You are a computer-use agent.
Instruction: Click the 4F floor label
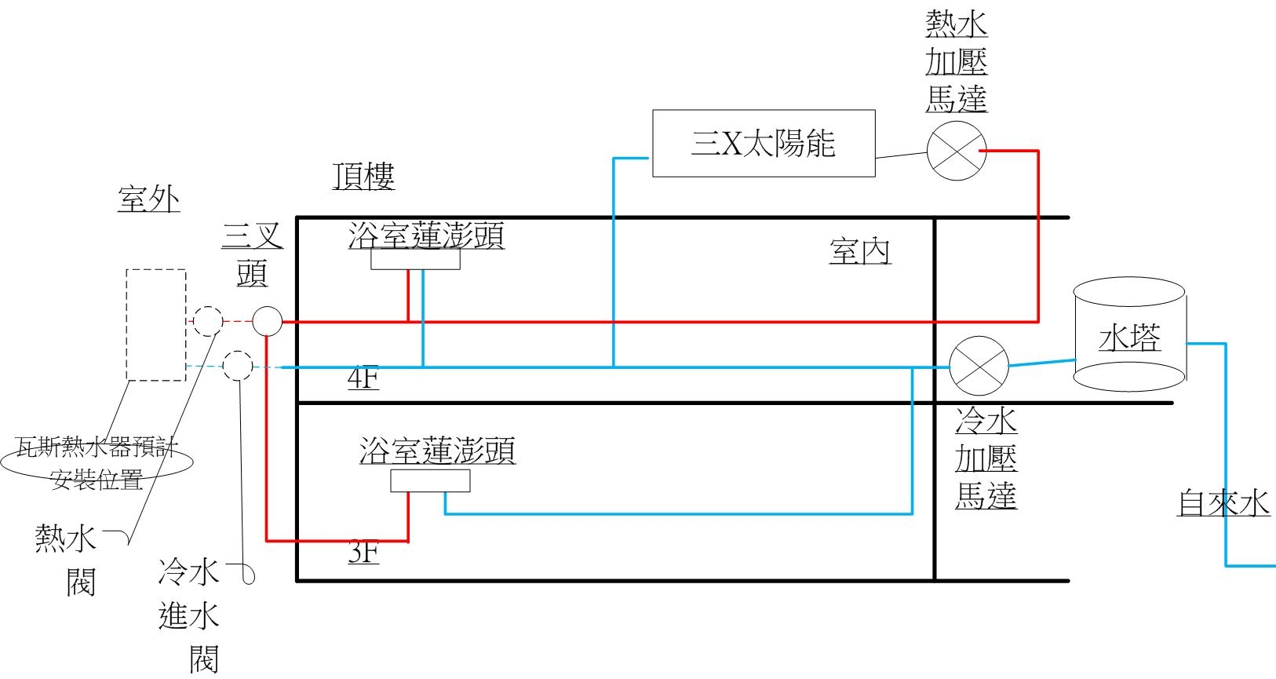363,378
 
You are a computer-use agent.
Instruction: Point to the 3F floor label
363,552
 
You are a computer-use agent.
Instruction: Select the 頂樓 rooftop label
363,176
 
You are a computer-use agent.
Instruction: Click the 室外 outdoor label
148,199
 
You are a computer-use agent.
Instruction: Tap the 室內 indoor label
860,251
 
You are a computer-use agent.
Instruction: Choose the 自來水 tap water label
1223,503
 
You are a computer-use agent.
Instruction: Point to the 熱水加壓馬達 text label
957,61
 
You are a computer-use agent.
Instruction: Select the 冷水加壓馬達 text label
986,458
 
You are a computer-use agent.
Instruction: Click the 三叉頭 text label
253,254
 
